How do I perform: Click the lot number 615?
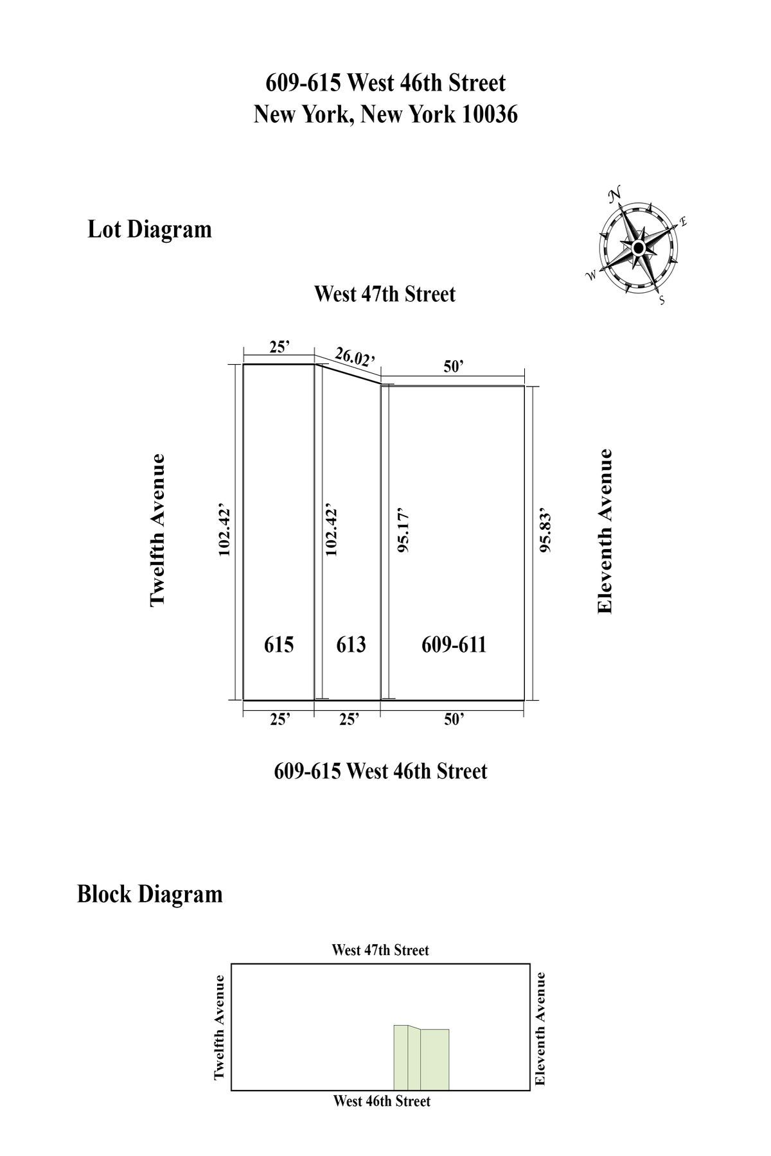pyautogui.click(x=279, y=644)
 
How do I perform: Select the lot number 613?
pyautogui.click(x=351, y=644)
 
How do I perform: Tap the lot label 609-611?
pyautogui.click(x=454, y=644)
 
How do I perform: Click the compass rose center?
pyautogui.click(x=638, y=248)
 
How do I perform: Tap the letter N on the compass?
pyautogui.click(x=615, y=193)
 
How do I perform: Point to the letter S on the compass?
pyautogui.click(x=662, y=301)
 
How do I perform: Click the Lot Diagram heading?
pyautogui.click(x=149, y=229)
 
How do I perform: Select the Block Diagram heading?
pyautogui.click(x=149, y=894)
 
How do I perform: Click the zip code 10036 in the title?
pyautogui.click(x=488, y=115)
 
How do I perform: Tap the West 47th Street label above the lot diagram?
pyautogui.click(x=384, y=294)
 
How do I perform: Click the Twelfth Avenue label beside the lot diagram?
pyautogui.click(x=157, y=530)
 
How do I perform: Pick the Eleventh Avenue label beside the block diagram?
pyautogui.click(x=540, y=1028)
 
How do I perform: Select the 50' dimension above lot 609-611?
pyautogui.click(x=454, y=367)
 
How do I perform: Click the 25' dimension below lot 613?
pyautogui.click(x=349, y=719)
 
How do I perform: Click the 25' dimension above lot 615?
pyautogui.click(x=279, y=347)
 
